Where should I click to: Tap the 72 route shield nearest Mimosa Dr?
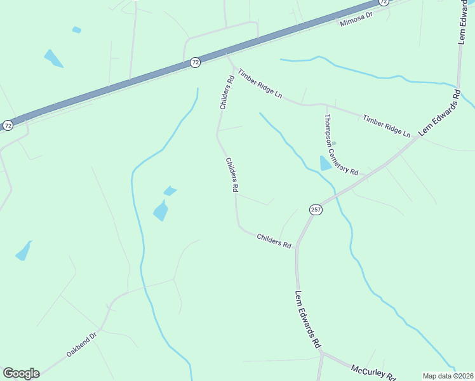[384, 3]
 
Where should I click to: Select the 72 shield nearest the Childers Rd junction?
[195, 62]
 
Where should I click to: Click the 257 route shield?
[316, 210]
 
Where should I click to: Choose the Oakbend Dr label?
[81, 344]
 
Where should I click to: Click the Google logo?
[21, 373]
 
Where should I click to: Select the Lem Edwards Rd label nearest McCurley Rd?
[307, 321]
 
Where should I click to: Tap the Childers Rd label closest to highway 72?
[224, 93]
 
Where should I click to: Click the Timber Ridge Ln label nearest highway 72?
[260, 83]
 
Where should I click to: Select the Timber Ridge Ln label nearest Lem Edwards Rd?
[386, 125]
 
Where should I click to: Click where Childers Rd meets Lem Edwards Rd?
[297, 247]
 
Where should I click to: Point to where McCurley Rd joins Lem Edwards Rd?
[322, 351]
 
